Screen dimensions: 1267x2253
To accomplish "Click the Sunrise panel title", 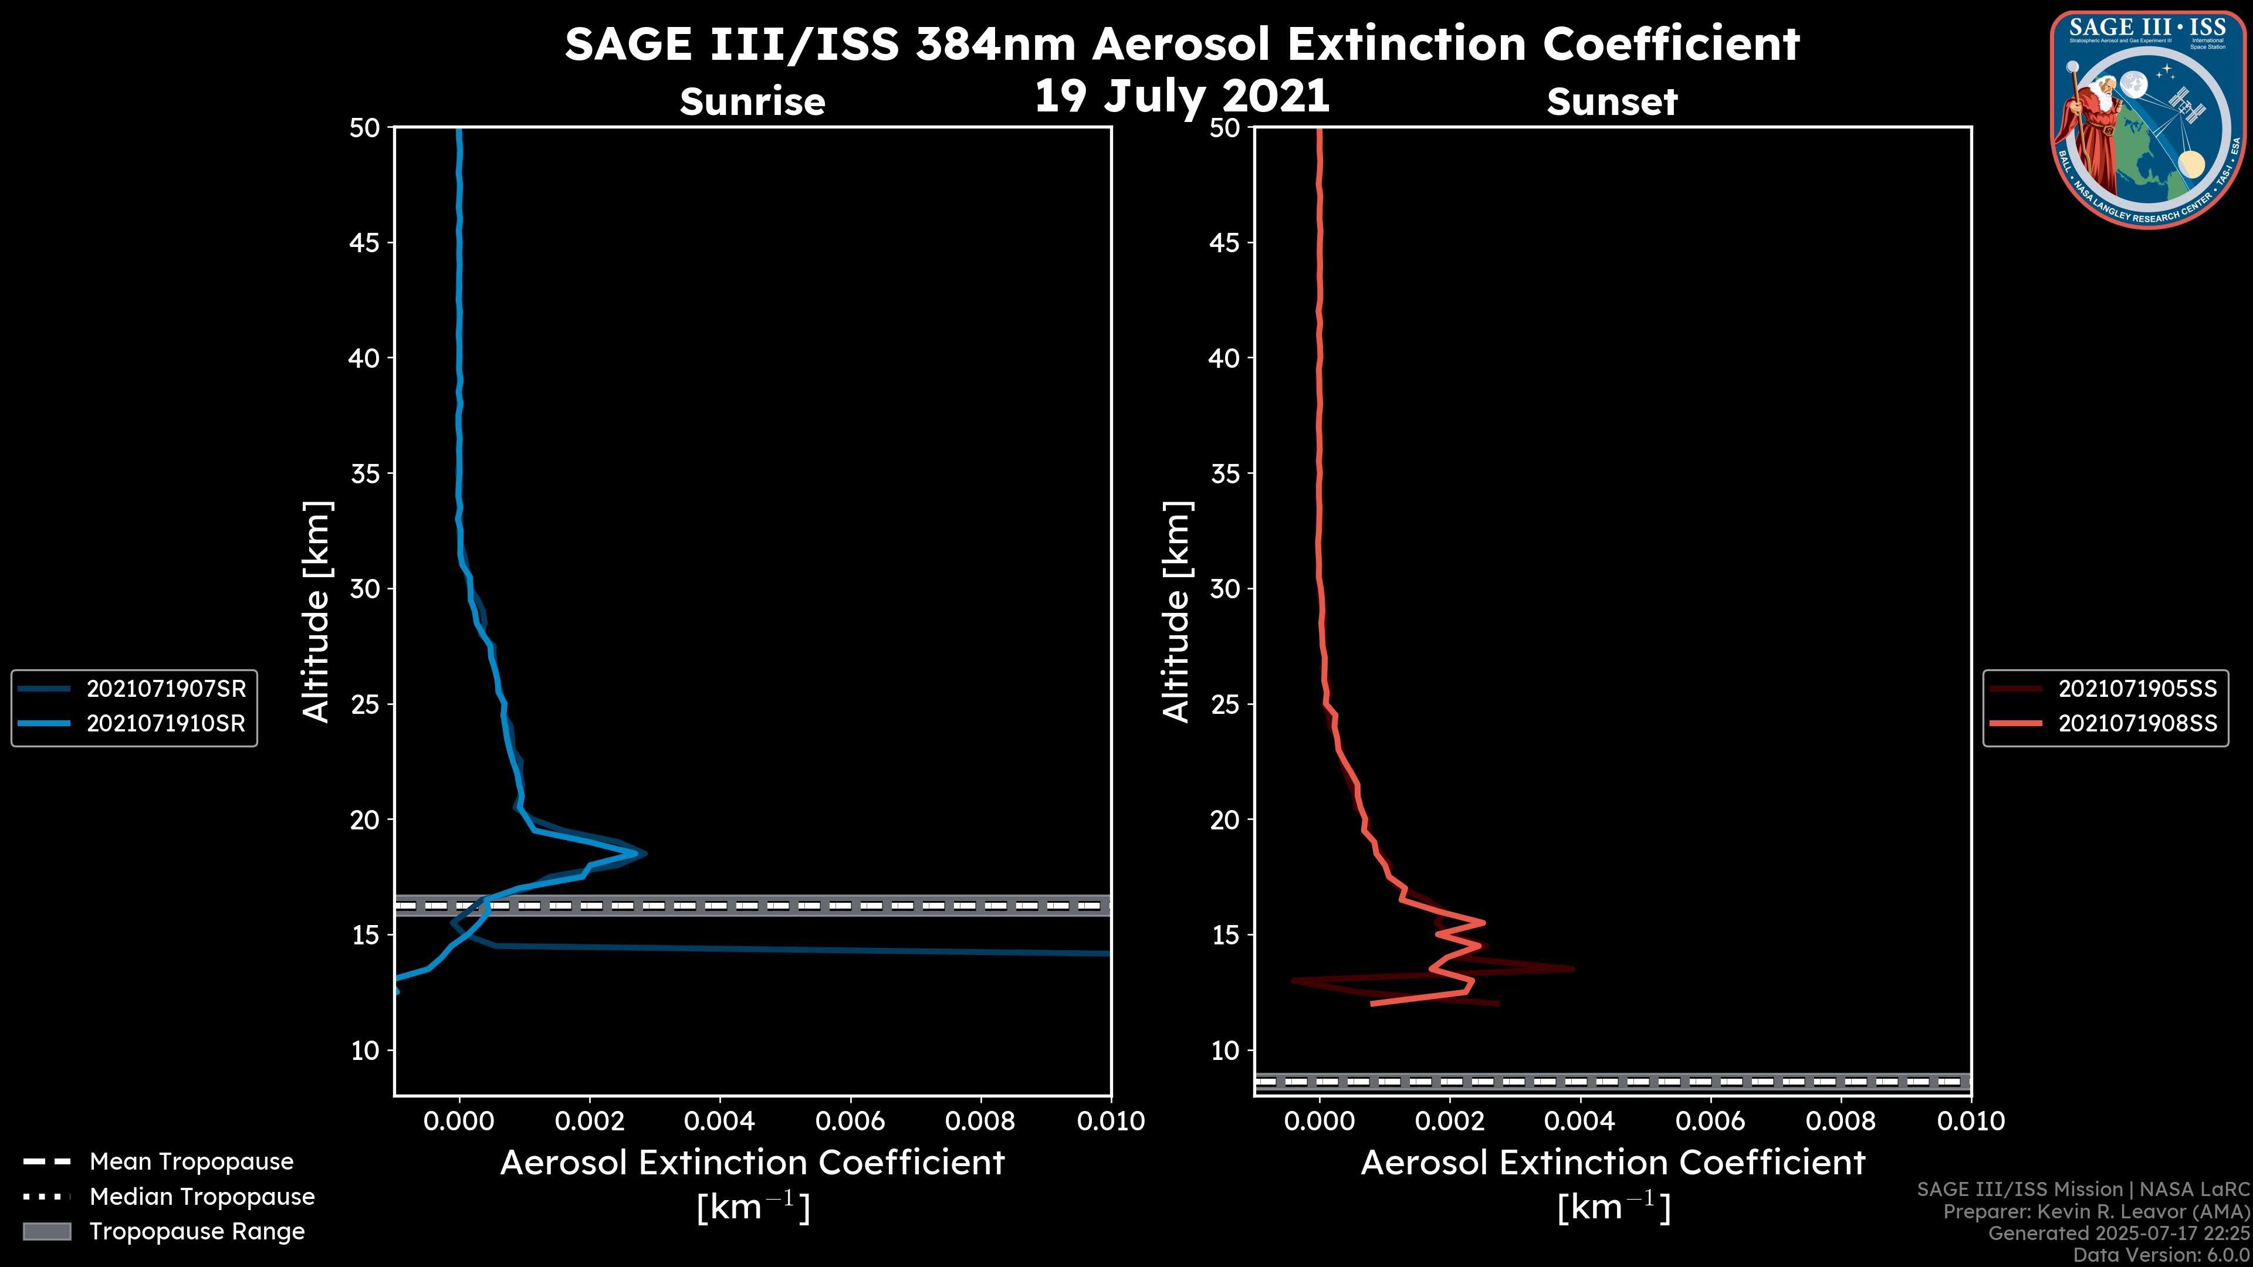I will (752, 102).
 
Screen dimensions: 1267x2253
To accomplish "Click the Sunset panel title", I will (1612, 102).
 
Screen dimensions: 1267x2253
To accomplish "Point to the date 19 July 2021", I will (1182, 96).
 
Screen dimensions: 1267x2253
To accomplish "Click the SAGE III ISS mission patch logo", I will (2148, 120).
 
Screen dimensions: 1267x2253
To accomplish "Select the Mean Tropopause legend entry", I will (191, 1161).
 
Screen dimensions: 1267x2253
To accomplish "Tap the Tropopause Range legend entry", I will (197, 1231).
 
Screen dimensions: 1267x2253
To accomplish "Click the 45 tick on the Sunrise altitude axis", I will (365, 243).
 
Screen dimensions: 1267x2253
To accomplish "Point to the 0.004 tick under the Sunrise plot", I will (719, 1121).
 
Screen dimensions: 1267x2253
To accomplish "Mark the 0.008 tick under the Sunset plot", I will (1841, 1121).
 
